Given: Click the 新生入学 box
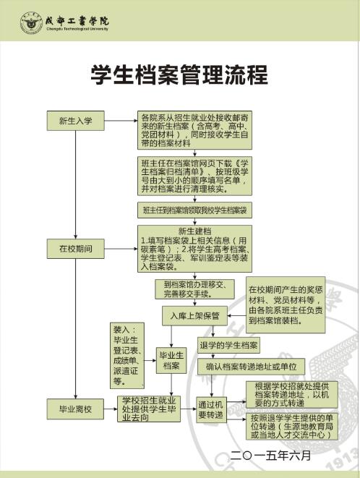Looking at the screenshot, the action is [76, 121].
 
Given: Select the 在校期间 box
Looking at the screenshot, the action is [76, 249].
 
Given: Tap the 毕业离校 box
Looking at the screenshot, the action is [75, 409].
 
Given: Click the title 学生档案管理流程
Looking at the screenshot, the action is [179, 74].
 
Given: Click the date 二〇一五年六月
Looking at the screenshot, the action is [270, 456].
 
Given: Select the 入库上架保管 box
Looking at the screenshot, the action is [194, 316].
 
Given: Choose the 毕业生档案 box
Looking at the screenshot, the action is [171, 360].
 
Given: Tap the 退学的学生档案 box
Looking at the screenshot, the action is [228, 345].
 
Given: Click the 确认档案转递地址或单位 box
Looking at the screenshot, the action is [251, 367].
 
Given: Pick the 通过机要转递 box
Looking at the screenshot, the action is [211, 410].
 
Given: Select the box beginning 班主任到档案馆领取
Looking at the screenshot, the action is [194, 210].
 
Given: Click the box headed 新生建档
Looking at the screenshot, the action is [194, 249].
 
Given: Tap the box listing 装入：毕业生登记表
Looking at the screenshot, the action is [127, 356].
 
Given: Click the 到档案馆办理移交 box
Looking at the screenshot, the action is [194, 289].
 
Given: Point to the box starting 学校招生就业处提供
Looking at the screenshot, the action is [149, 409].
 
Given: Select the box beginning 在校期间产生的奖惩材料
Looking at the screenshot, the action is [286, 305].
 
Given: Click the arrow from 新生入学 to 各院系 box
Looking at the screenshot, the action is [121, 121].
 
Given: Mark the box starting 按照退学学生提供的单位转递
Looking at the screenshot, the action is [292, 427].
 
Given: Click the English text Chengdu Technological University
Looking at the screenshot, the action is [77, 29].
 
